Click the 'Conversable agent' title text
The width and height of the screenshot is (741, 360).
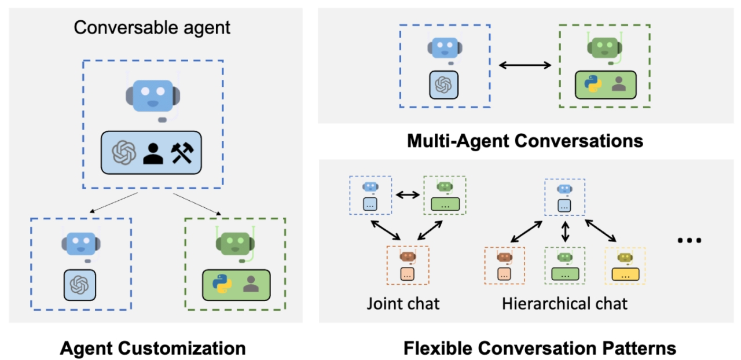click(x=152, y=27)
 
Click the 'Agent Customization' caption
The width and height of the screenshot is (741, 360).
click(x=153, y=348)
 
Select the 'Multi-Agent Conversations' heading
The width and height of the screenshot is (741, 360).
click(x=525, y=141)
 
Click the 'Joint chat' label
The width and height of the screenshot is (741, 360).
click(x=403, y=303)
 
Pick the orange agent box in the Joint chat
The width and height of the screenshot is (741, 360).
click(x=408, y=265)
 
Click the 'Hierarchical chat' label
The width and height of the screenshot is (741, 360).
click(x=564, y=303)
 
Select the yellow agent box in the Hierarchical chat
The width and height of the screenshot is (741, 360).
click(x=625, y=266)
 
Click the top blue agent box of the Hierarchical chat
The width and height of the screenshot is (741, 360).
click(x=565, y=197)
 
